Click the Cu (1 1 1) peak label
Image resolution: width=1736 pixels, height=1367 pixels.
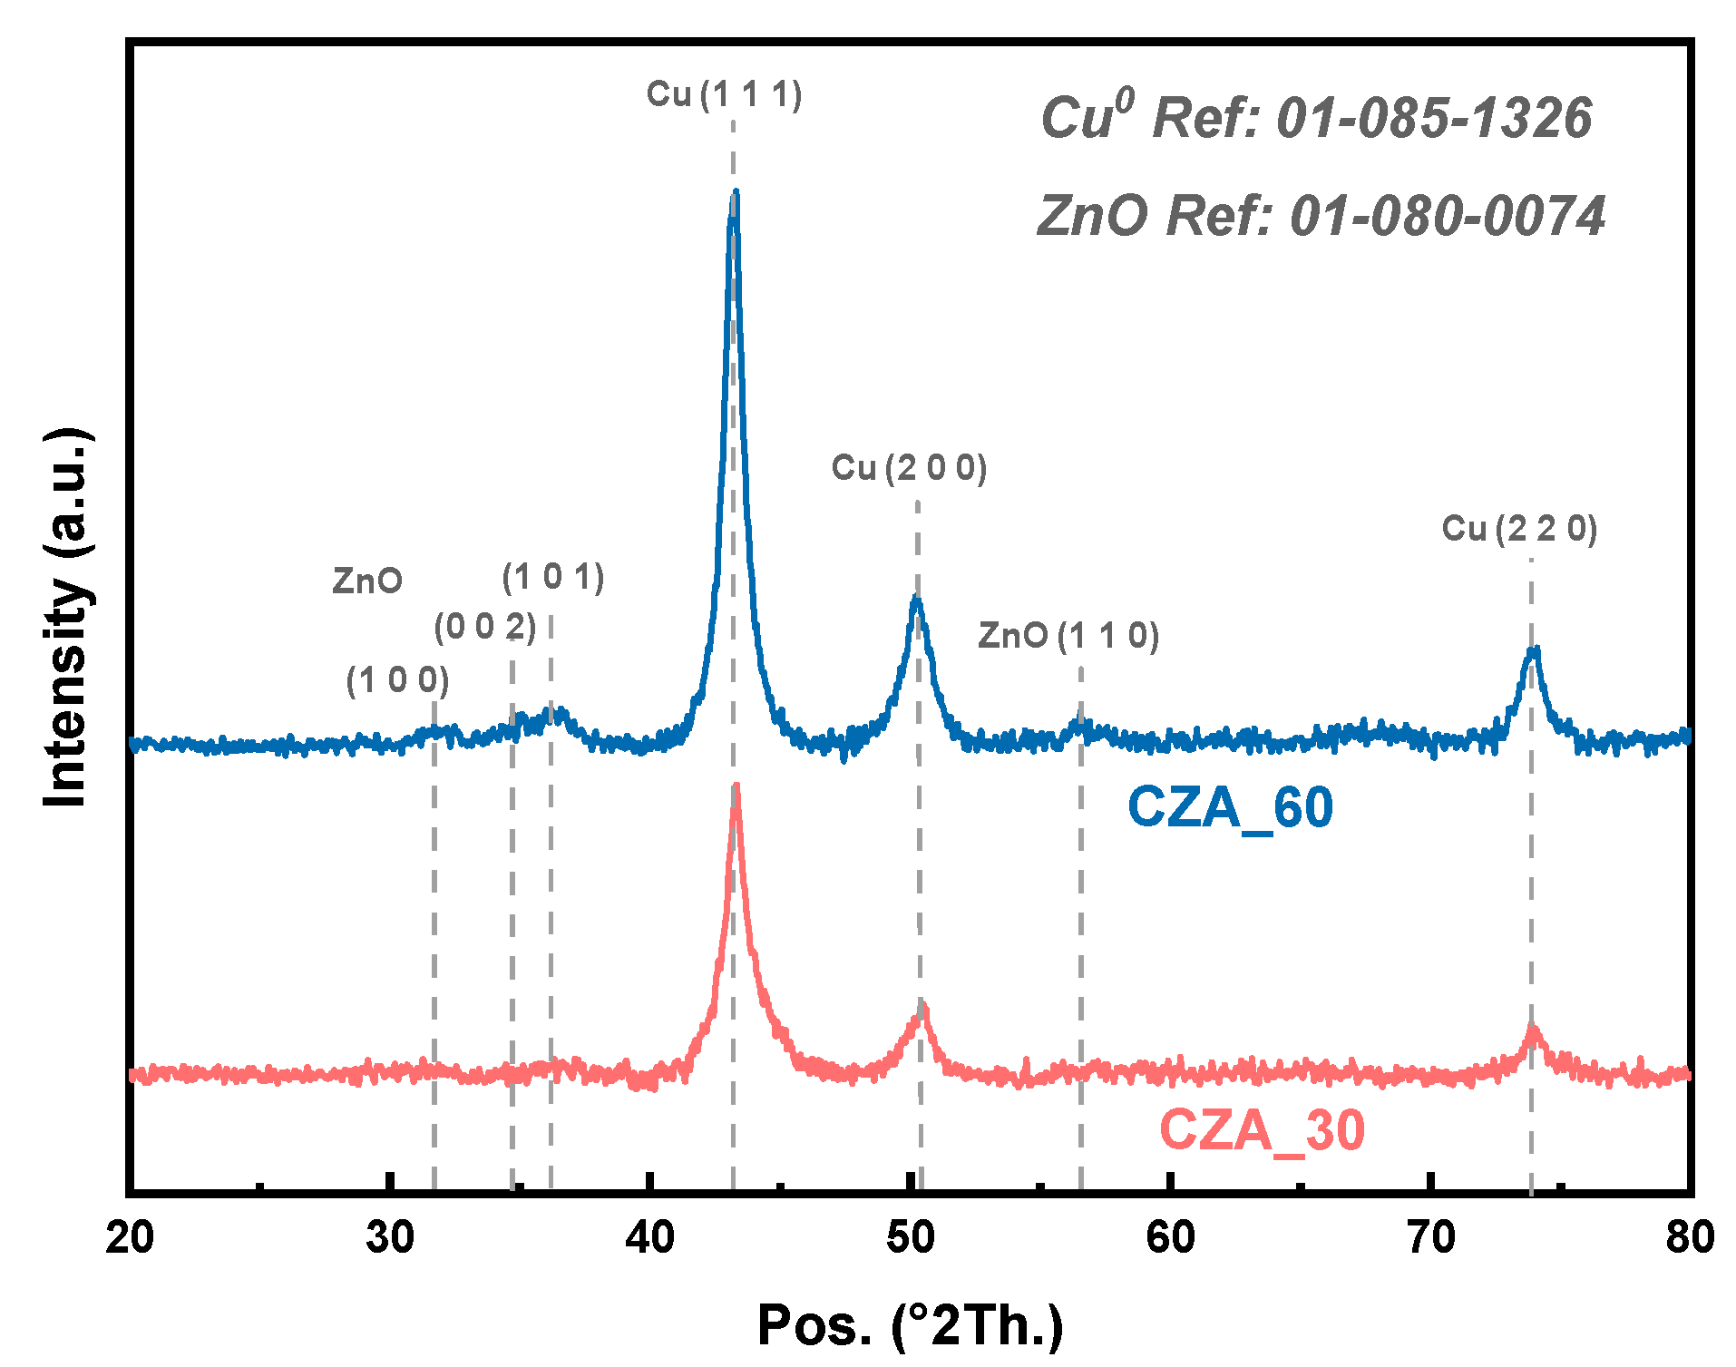(724, 94)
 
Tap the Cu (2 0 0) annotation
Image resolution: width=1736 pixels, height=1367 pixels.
(909, 468)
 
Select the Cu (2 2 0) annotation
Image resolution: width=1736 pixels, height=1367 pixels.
(1519, 529)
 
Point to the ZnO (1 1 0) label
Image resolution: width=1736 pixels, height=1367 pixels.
(1068, 636)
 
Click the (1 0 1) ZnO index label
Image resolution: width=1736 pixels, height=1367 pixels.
(552, 577)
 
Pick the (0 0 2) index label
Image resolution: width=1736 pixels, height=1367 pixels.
(484, 626)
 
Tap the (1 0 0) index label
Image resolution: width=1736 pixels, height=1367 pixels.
(397, 679)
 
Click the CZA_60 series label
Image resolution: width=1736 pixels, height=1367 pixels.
(1230, 806)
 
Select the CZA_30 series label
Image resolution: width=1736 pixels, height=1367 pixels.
(1262, 1130)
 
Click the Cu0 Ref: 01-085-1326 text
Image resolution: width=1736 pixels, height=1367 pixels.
(1315, 118)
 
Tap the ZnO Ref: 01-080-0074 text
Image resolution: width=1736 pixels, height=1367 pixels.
(1321, 216)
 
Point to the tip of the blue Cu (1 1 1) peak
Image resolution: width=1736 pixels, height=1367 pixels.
(735, 192)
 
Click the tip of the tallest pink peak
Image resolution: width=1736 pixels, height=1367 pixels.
(736, 786)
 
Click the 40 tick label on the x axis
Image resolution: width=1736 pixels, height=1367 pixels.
(649, 1237)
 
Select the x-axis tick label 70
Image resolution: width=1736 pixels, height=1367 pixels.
(1430, 1237)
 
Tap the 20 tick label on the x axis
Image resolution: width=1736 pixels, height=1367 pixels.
(130, 1237)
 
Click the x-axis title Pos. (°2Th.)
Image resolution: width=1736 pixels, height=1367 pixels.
(910, 1324)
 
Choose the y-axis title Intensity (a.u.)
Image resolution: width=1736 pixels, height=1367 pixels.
(67, 617)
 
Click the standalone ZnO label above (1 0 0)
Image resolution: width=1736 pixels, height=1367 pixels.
(366, 581)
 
